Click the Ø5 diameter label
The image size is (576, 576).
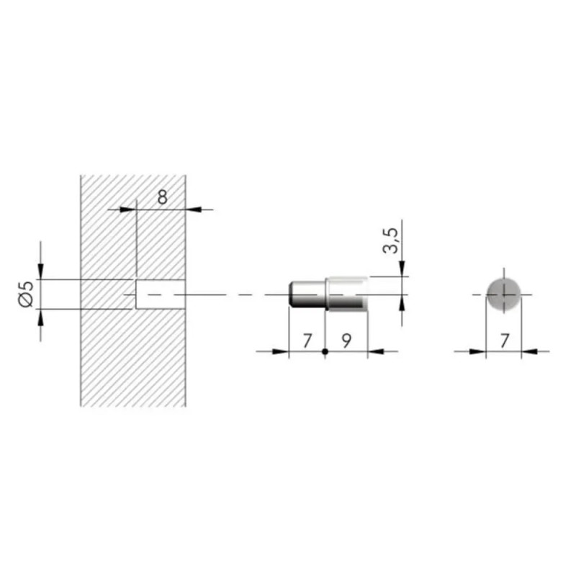pos(26,294)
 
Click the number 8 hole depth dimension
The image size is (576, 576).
pos(163,197)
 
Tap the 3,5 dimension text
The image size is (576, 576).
pos(390,240)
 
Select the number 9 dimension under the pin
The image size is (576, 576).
pos(346,341)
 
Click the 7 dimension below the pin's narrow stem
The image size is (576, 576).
pos(307,341)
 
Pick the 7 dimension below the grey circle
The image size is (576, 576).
pos(505,341)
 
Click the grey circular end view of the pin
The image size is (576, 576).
pos(503,294)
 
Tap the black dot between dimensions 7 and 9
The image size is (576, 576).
pos(325,351)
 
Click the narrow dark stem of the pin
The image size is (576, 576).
pos(307,294)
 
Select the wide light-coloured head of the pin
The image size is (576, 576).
pos(346,294)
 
